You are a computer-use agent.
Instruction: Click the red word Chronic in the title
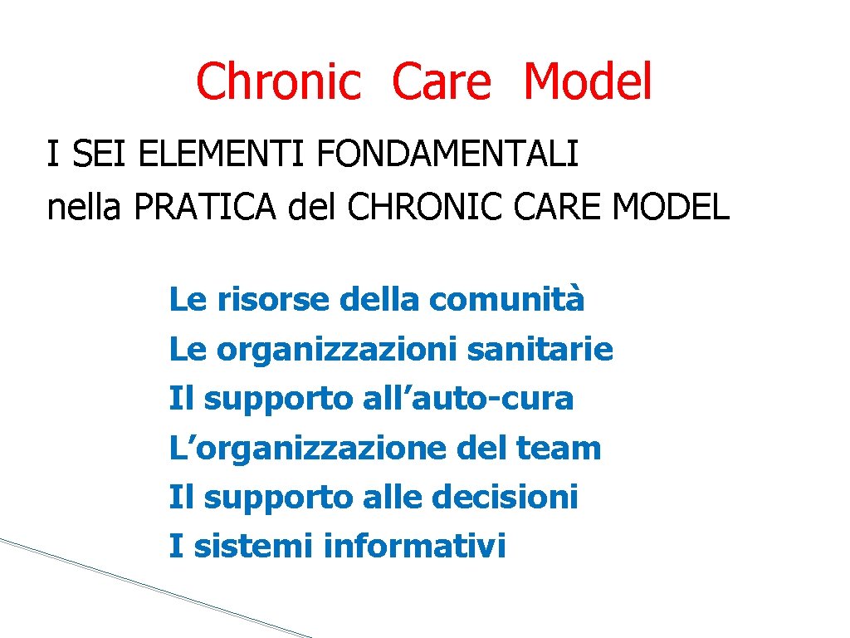point(279,83)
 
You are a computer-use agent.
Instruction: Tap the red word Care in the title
point(442,83)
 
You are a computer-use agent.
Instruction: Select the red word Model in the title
point(588,83)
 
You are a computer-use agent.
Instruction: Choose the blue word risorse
point(273,300)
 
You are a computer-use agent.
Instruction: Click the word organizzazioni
point(337,350)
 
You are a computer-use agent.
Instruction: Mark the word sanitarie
point(540,350)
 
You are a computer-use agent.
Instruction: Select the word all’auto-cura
point(468,399)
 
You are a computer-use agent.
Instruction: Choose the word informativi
point(414,547)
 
